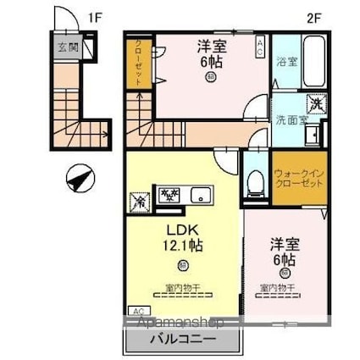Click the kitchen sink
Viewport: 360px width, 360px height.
pos(202,193)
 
